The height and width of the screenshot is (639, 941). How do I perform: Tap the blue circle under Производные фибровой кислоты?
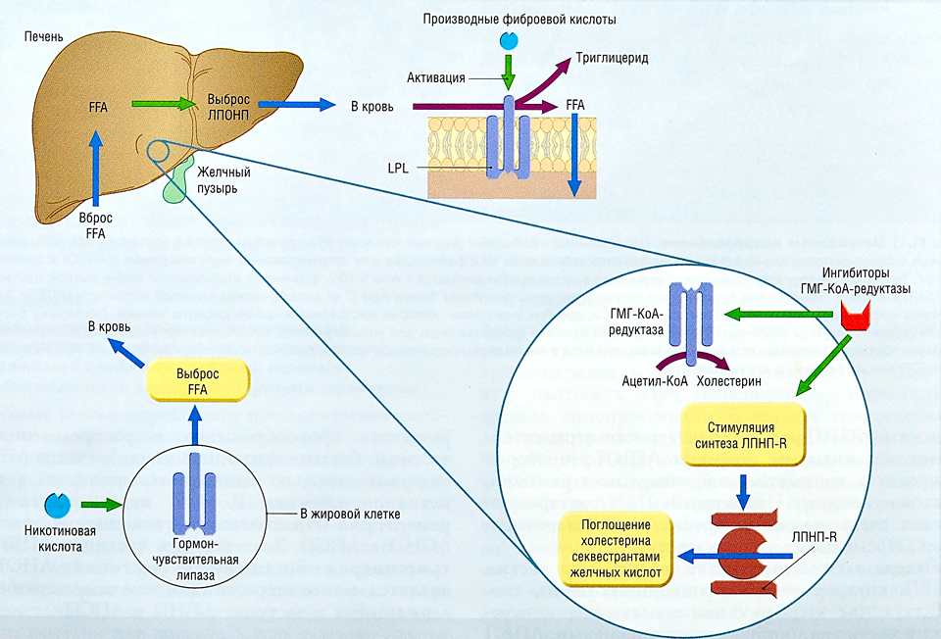pyautogui.click(x=509, y=41)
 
